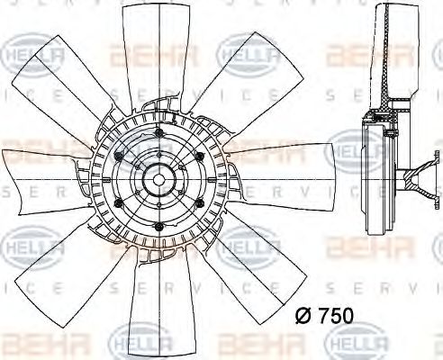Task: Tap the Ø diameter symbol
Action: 303,314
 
